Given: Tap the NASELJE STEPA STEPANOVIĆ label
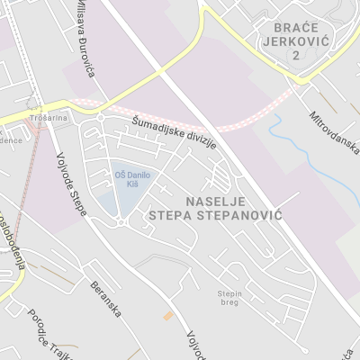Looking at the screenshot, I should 227,209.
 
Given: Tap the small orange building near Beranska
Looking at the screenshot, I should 167,316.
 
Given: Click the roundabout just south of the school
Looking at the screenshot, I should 121,221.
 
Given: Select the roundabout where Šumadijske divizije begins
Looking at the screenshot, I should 101,118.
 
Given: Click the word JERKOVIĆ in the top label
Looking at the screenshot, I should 294,40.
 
